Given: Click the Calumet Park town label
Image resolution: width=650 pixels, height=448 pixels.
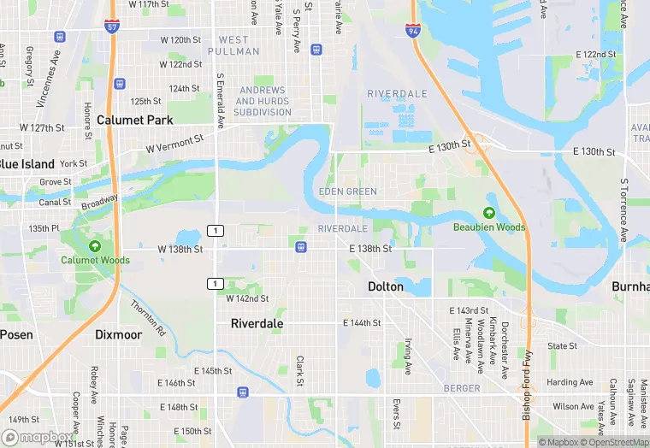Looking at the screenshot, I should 134,120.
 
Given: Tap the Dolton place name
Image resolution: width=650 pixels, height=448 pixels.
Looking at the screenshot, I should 385,286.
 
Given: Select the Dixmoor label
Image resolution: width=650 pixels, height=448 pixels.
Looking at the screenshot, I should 118,334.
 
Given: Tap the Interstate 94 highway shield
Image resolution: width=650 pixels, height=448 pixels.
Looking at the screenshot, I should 413,31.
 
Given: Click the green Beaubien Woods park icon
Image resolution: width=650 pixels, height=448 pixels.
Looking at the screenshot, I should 489,213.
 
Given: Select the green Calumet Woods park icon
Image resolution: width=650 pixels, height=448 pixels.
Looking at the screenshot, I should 95,246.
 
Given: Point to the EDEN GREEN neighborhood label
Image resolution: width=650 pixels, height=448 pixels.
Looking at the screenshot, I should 347,192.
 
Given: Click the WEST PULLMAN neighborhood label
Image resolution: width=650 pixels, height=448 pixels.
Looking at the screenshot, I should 233,45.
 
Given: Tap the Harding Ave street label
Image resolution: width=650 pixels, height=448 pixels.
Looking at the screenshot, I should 569,382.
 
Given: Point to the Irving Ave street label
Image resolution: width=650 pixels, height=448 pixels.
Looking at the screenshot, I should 409,351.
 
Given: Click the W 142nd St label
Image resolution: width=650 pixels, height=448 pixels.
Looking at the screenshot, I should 247,298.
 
